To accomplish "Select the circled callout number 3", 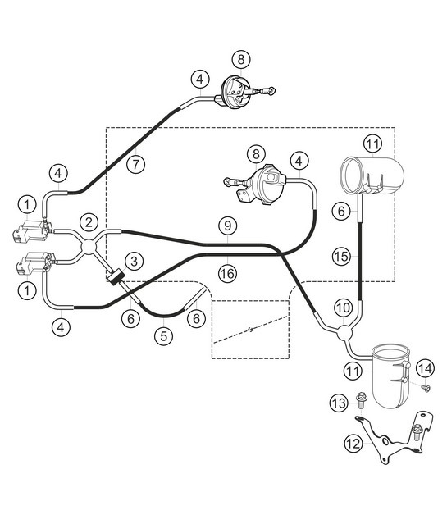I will pyautogui.click(x=135, y=260).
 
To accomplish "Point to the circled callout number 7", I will pyautogui.click(x=137, y=163).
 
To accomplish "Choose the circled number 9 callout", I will pyautogui.click(x=227, y=223).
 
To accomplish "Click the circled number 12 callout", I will pyautogui.click(x=353, y=444).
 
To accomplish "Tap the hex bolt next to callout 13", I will pyautogui.click(x=363, y=402).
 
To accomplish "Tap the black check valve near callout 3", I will pyautogui.click(x=116, y=278).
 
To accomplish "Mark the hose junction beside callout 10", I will pyautogui.click(x=344, y=330).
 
